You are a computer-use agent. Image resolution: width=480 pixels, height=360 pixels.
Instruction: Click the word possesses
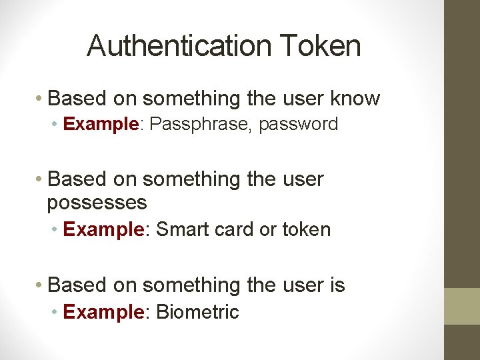[97, 202]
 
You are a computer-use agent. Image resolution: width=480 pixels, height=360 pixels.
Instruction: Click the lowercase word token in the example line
[306, 229]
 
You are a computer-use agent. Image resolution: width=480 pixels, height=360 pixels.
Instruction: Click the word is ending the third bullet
[337, 285]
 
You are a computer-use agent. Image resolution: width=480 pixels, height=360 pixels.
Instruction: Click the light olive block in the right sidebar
[462, 306]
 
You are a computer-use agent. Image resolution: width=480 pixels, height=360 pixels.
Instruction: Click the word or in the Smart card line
[267, 229]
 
